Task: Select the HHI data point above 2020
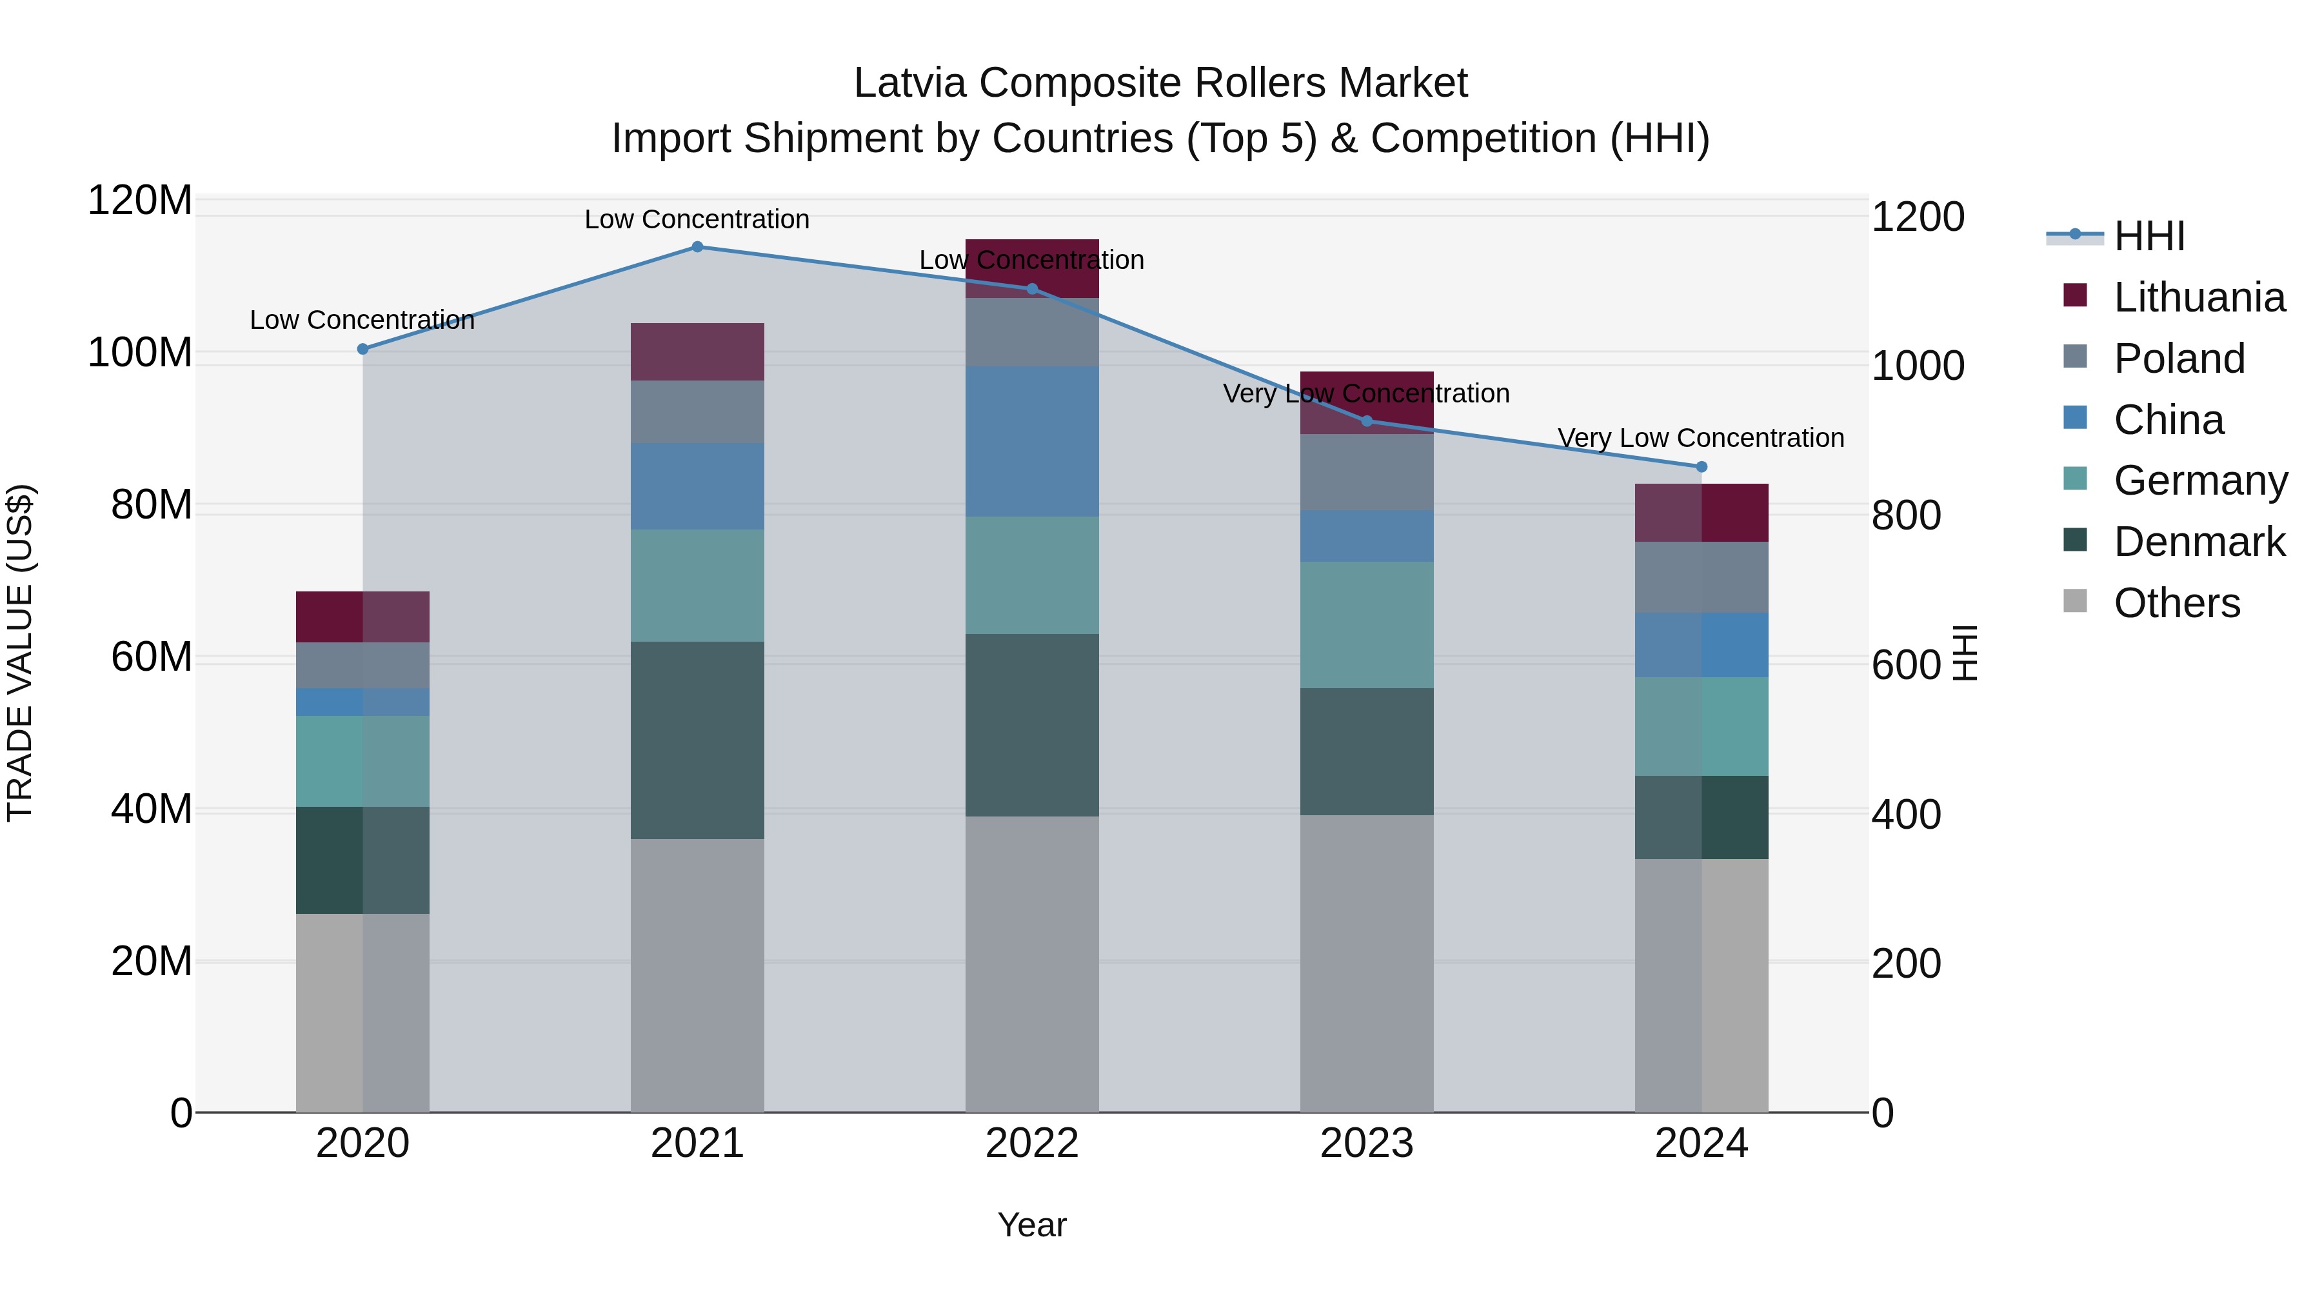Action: [x=362, y=349]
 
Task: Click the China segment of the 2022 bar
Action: [x=1032, y=442]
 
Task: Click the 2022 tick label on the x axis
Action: [x=1032, y=1143]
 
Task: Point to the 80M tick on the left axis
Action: [x=152, y=505]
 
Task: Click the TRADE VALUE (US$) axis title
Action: [x=20, y=653]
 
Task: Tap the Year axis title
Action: [x=1032, y=1225]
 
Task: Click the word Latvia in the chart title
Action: [x=910, y=83]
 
